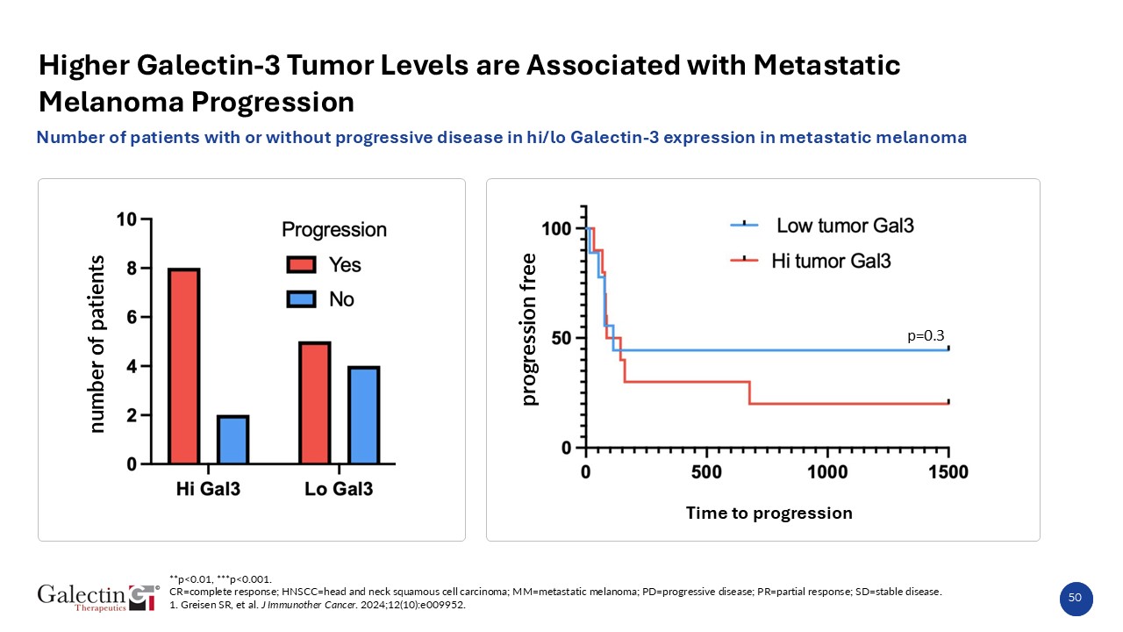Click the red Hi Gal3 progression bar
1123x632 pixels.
click(x=184, y=366)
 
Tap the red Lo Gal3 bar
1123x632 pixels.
click(x=315, y=403)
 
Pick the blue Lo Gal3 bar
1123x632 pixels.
click(x=363, y=415)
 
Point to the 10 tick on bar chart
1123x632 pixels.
click(x=126, y=219)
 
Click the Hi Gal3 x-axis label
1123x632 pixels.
click(x=209, y=489)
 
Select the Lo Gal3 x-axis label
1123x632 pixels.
click(x=339, y=489)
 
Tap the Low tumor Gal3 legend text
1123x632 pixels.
click(x=846, y=226)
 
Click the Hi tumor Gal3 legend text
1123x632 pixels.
click(x=831, y=261)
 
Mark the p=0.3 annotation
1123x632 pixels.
click(x=926, y=336)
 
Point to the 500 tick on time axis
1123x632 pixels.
click(x=706, y=472)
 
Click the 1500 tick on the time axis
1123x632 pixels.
click(x=948, y=472)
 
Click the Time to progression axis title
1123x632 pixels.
click(x=769, y=513)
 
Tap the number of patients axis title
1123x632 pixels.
click(x=97, y=344)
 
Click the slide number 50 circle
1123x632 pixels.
click(x=1076, y=598)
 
